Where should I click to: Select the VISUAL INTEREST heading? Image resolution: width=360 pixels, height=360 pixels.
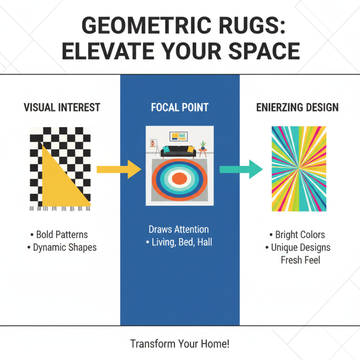pyautogui.click(x=62, y=108)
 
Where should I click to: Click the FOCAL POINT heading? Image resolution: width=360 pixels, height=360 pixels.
pyautogui.click(x=180, y=108)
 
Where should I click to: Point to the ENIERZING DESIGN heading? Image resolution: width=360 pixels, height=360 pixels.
pyautogui.click(x=297, y=108)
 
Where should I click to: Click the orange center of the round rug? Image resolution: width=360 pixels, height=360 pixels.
pyautogui.click(x=180, y=179)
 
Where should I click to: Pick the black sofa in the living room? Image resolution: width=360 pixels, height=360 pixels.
pyautogui.click(x=180, y=153)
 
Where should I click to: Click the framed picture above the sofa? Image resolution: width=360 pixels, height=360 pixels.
pyautogui.click(x=179, y=136)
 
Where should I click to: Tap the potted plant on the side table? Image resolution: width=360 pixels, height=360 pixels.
pyautogui.click(x=203, y=146)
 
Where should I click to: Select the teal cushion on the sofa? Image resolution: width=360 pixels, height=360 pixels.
pyautogui.click(x=166, y=149)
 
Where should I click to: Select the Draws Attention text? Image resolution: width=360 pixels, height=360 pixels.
pyautogui.click(x=179, y=229)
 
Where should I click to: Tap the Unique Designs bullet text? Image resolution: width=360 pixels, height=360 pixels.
pyautogui.click(x=300, y=247)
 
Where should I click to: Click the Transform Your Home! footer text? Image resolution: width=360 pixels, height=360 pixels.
pyautogui.click(x=180, y=344)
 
